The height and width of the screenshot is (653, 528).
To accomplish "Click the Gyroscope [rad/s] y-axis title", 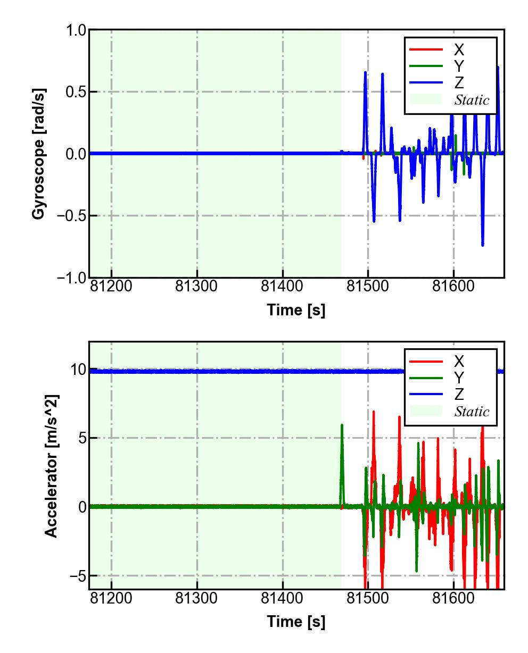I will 38,154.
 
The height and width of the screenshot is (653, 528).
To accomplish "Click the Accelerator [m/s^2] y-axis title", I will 51,465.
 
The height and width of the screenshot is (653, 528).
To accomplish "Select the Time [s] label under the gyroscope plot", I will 296,310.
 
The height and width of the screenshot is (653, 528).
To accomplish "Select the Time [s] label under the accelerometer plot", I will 296,621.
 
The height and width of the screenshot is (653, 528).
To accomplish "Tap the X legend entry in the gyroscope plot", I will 458,50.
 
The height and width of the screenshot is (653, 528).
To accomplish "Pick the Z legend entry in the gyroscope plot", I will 458,83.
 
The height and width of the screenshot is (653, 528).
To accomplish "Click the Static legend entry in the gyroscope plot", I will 472,100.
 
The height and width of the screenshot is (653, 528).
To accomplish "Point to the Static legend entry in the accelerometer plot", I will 472,412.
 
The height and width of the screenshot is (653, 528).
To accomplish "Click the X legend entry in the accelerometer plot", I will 458,362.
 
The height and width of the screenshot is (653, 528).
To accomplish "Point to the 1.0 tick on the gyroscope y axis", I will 76,30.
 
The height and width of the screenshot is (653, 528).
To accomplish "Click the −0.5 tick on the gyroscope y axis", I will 70,216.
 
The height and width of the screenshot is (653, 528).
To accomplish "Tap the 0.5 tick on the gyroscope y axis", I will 76,92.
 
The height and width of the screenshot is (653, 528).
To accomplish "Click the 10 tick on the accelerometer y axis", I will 78,370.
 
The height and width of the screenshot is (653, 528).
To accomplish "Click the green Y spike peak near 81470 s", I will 342,425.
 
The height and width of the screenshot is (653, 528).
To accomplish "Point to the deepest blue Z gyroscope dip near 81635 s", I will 482,245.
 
